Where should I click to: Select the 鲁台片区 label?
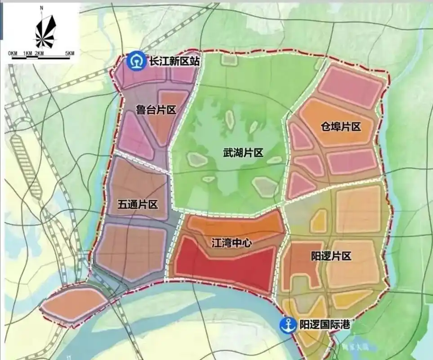155,110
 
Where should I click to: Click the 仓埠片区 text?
341,126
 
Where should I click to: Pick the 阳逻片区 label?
331,256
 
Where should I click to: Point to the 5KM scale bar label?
69,54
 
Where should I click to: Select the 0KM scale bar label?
13,54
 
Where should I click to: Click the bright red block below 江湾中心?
225,265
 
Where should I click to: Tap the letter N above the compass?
41,8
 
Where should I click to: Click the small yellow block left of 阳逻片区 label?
318,221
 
